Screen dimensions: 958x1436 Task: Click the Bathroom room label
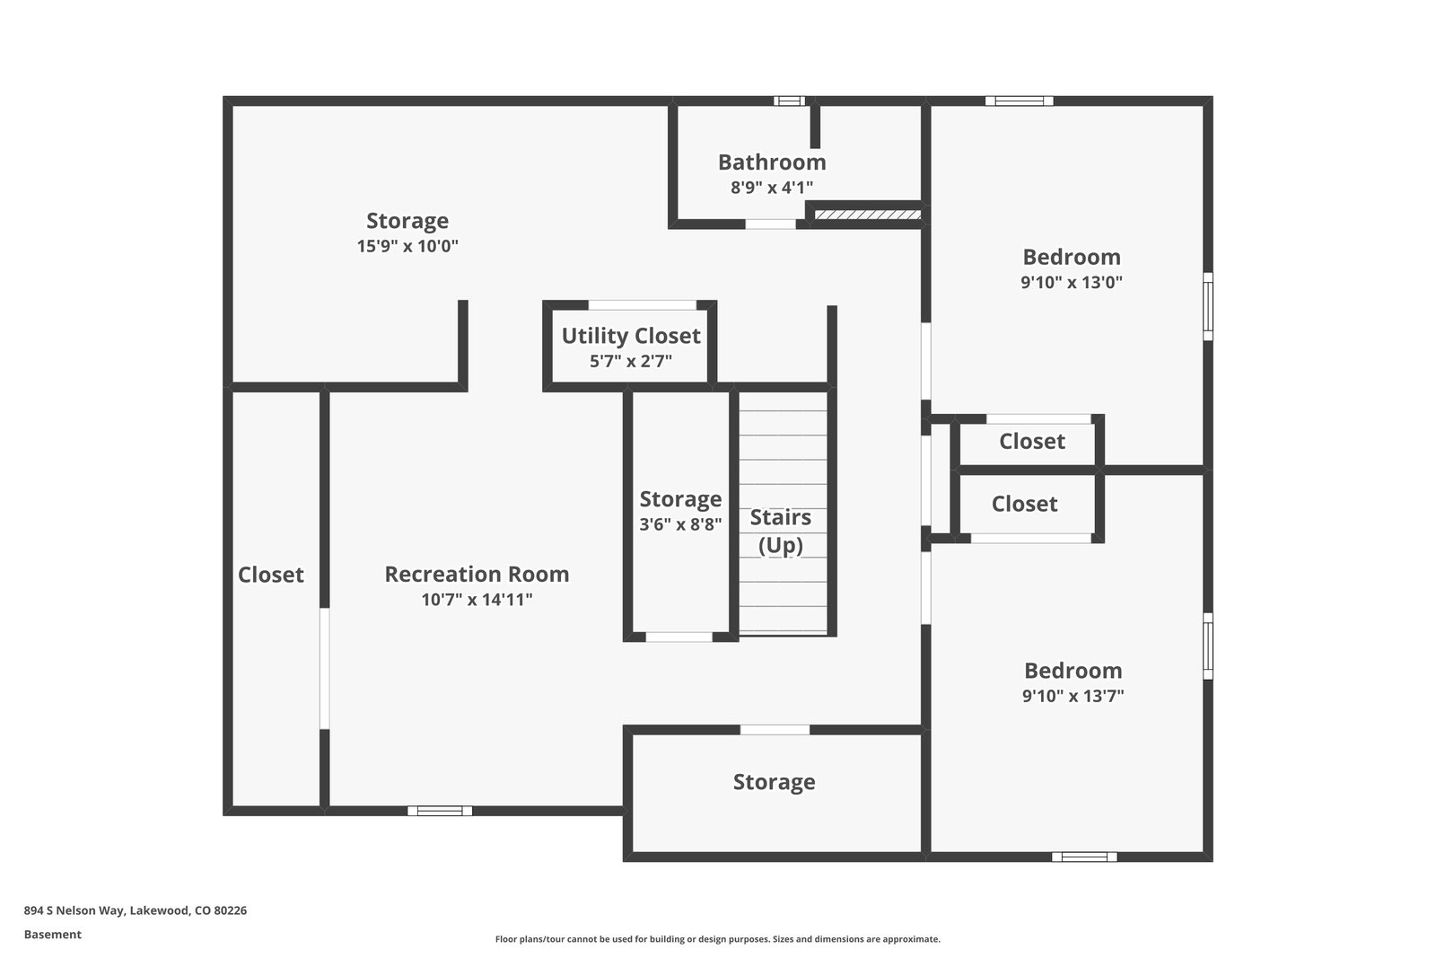(772, 163)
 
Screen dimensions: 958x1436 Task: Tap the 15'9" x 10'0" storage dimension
(407, 246)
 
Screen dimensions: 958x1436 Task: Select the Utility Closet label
(631, 336)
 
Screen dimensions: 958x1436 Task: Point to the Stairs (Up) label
(781, 531)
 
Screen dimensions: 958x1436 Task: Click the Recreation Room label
(477, 574)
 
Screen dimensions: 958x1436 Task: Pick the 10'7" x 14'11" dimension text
(477, 600)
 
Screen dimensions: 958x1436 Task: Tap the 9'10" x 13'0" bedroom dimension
(1072, 282)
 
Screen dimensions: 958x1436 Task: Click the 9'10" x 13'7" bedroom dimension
(1073, 696)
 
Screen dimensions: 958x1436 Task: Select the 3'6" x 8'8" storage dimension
(680, 524)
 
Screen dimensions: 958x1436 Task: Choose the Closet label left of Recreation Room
(271, 575)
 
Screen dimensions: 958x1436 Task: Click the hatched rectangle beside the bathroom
(867, 215)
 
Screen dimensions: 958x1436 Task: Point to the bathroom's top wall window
(789, 101)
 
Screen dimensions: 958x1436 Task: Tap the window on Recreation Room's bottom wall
(440, 811)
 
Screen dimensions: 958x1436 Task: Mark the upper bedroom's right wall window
(1208, 306)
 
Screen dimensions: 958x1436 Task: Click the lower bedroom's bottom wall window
(1084, 857)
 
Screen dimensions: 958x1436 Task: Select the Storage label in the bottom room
(774, 782)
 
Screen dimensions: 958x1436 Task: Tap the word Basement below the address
(53, 935)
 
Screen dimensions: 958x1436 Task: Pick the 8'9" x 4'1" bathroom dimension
(772, 188)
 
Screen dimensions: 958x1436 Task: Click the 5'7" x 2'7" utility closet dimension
(631, 361)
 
